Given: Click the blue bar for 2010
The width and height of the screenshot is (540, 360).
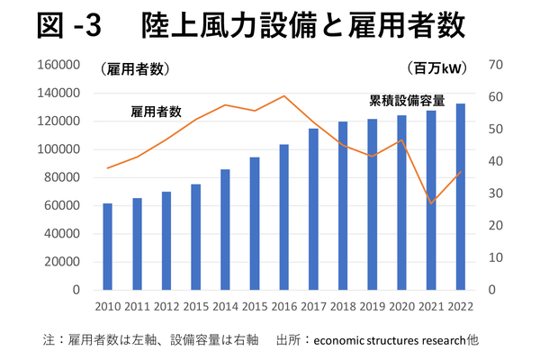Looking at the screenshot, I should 108,247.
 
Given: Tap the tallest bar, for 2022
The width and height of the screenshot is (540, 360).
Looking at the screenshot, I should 460,197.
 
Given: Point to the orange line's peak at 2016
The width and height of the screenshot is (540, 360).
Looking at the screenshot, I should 283,95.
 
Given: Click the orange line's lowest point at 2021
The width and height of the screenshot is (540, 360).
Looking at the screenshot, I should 431,203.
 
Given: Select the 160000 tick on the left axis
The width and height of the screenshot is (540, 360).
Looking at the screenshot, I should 63,65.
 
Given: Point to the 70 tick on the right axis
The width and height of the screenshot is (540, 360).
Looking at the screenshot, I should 496,65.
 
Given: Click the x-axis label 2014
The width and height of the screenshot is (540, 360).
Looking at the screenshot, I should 225,307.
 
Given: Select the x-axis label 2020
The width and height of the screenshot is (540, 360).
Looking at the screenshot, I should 401,307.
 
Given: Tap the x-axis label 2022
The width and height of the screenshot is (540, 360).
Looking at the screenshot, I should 460,307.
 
